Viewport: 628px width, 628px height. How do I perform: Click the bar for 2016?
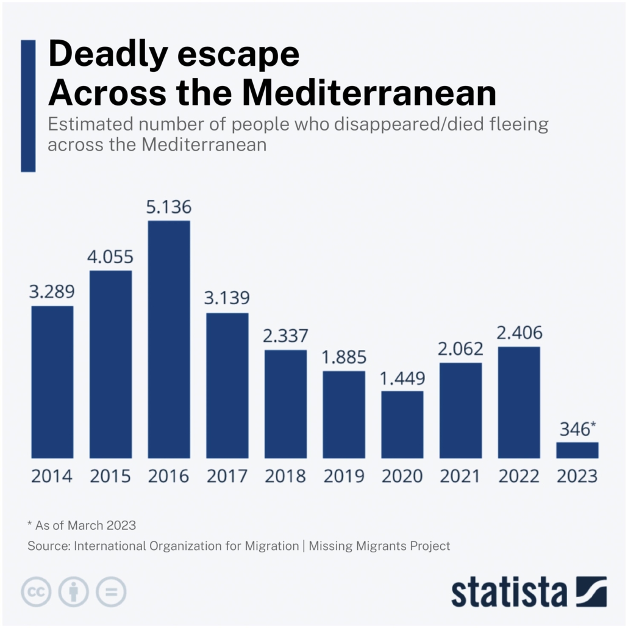coord(169,339)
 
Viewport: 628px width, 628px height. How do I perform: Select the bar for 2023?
coord(577,450)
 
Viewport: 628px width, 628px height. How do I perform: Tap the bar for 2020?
coord(402,424)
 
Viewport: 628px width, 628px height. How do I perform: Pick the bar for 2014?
coord(52,382)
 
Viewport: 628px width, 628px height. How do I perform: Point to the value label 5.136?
coord(169,207)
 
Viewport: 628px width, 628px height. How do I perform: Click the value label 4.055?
coord(110,257)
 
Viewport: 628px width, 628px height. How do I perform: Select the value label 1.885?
coord(344,357)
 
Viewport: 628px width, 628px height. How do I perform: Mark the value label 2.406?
coord(519,334)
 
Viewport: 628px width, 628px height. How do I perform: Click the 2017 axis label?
coord(227,476)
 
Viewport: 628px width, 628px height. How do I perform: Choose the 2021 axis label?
coord(460,476)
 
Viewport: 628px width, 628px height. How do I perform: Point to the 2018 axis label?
coord(285,476)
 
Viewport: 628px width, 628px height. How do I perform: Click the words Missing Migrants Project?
coord(379,546)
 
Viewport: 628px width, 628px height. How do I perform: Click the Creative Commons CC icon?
coord(37,591)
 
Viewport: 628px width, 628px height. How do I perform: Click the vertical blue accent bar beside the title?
coord(28,105)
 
